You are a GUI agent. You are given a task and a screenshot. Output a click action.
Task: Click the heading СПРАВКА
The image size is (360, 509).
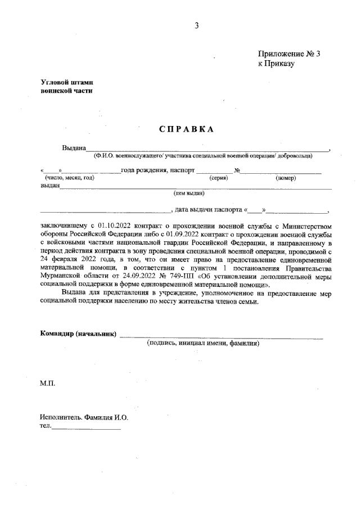pos(186,129)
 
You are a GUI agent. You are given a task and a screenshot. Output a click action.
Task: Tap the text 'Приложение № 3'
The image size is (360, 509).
pos(289,55)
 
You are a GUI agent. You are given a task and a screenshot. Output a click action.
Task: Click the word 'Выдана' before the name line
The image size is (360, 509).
pos(74,148)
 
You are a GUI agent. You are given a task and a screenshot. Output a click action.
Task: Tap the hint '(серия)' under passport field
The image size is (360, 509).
pos(218,178)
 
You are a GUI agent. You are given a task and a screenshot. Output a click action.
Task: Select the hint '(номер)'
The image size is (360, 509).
pos(286,178)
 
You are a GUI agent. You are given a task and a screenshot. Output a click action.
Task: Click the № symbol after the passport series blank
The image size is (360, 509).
pos(237,170)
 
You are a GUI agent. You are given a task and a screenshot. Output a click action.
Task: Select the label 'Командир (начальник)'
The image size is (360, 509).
pos(78,334)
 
